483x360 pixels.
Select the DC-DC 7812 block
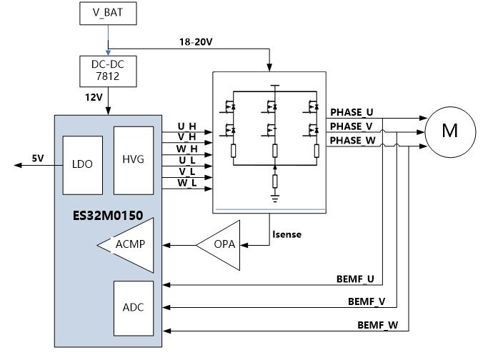pyautogui.click(x=108, y=69)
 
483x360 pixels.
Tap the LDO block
pyautogui.click(x=82, y=163)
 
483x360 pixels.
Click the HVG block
pyautogui.click(x=134, y=159)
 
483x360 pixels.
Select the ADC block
pyautogui.click(x=134, y=307)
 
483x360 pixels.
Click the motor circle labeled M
pyautogui.click(x=449, y=130)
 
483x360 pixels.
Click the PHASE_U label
pyautogui.click(x=352, y=113)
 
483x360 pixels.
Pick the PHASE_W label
pyautogui.click(x=352, y=141)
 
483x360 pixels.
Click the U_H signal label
pyautogui.click(x=186, y=126)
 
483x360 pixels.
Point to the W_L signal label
pyautogui.click(x=186, y=184)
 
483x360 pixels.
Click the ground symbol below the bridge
pyautogui.click(x=275, y=192)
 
